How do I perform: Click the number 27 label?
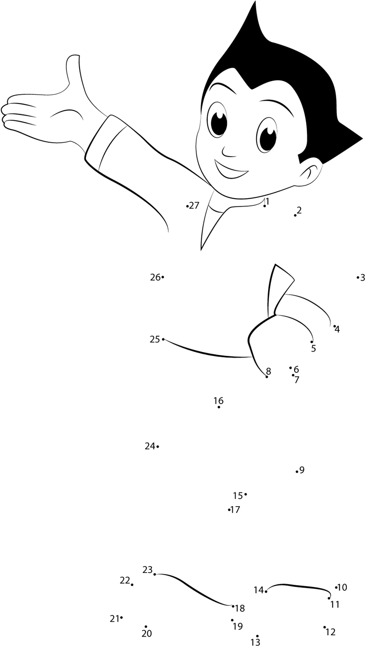tap(194, 205)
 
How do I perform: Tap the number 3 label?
tap(362, 278)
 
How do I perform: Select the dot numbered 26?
tap(163, 277)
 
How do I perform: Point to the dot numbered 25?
tap(163, 339)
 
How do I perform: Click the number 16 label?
tap(219, 401)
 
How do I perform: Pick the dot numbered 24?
tap(157, 447)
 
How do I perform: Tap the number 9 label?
tap(302, 470)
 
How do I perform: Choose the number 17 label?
tap(235, 509)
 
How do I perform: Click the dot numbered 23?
tap(155, 574)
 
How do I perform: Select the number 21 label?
tap(114, 619)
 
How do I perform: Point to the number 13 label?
tap(255, 642)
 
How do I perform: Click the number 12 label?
tap(330, 632)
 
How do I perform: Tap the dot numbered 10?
tap(336, 587)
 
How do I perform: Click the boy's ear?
tap(311, 174)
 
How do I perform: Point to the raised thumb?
tap(73, 70)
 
